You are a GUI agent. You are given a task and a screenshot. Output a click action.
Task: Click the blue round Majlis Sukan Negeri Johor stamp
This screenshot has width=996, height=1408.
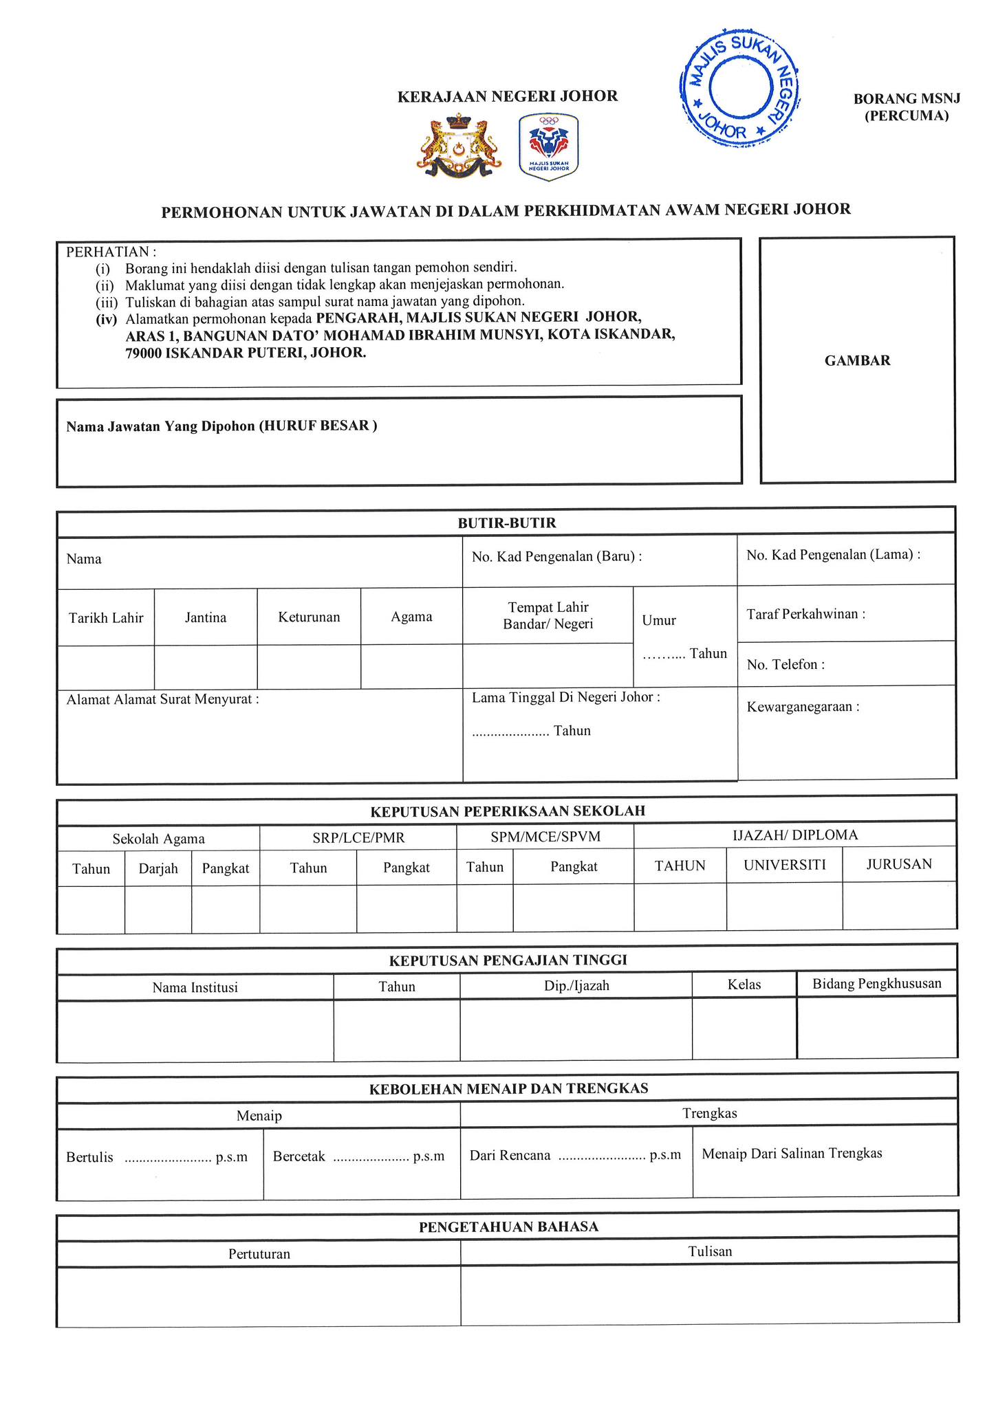pyautogui.click(x=740, y=87)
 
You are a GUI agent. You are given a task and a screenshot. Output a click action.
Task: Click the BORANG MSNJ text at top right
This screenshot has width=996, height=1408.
pyautogui.click(x=907, y=99)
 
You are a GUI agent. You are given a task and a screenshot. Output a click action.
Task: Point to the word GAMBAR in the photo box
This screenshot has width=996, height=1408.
pyautogui.click(x=857, y=361)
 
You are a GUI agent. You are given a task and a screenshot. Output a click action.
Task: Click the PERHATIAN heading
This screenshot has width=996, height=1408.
pyautogui.click(x=111, y=252)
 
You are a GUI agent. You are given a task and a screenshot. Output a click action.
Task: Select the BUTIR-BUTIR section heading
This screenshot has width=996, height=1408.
pyautogui.click(x=507, y=523)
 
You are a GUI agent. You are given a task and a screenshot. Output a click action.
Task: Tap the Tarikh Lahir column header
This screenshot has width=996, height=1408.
pyautogui.click(x=106, y=618)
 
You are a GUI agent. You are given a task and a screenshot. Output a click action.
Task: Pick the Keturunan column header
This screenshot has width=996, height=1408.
pyautogui.click(x=309, y=617)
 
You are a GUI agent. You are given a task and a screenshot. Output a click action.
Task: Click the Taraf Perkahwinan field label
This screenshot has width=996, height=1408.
pyautogui.click(x=805, y=615)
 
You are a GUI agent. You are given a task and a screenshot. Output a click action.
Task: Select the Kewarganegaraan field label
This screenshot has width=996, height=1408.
pyautogui.click(x=803, y=707)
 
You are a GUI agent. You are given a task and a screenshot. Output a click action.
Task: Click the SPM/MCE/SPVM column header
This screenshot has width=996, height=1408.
pyautogui.click(x=545, y=837)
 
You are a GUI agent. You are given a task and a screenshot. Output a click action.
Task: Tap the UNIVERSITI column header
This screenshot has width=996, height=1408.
pyautogui.click(x=784, y=865)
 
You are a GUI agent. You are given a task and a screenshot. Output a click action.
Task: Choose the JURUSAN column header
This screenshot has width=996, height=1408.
pyautogui.click(x=899, y=864)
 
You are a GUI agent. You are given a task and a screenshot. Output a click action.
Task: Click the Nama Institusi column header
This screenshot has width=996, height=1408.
pyautogui.click(x=195, y=988)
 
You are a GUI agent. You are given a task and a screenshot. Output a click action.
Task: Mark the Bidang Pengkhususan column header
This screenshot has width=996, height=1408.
pyautogui.click(x=876, y=984)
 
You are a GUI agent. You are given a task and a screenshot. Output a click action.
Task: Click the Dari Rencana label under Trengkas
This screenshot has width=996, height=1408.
pyautogui.click(x=510, y=1156)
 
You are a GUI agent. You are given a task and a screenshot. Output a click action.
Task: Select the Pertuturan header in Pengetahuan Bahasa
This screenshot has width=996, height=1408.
pyautogui.click(x=259, y=1254)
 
